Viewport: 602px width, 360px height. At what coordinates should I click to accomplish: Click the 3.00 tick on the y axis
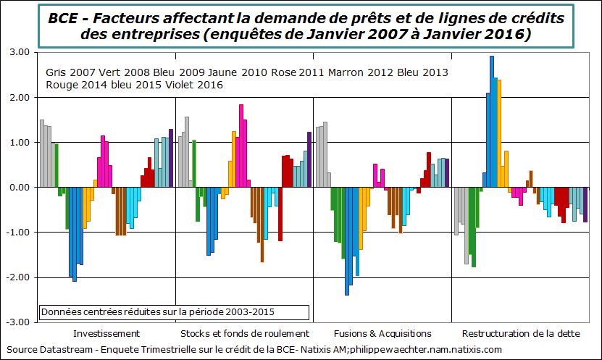coord(17,52)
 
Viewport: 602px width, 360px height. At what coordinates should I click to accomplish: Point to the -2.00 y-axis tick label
coord(16,277)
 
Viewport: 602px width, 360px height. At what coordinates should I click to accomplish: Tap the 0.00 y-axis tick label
coord(17,187)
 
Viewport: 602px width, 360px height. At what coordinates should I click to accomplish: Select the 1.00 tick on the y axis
coord(17,142)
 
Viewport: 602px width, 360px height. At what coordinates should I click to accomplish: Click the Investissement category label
coord(106,333)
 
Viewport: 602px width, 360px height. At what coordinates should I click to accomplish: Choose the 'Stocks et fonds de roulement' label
coord(244,333)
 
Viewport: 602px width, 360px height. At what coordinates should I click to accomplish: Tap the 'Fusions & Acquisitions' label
coord(382,333)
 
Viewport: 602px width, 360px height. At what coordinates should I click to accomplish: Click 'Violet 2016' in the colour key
coord(195,85)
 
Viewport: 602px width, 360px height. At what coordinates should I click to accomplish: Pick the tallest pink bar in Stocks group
coord(241,146)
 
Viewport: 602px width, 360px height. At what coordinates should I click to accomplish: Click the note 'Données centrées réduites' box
coord(174,311)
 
